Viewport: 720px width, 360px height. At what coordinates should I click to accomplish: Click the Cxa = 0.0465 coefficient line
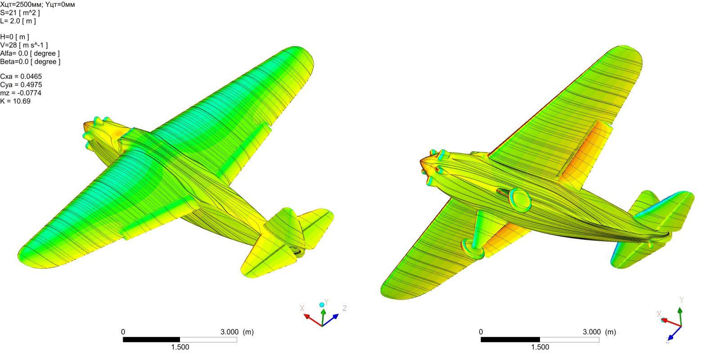click(x=21, y=76)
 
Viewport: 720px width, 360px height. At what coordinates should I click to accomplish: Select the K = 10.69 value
click(x=15, y=101)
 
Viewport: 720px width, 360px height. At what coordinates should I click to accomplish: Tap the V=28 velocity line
click(x=24, y=45)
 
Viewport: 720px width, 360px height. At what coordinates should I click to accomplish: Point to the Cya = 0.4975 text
click(x=21, y=85)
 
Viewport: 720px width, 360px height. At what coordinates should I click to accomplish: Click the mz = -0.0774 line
click(x=21, y=93)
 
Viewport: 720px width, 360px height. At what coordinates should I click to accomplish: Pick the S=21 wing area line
click(x=20, y=13)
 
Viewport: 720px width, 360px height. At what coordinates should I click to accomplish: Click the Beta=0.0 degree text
click(x=30, y=62)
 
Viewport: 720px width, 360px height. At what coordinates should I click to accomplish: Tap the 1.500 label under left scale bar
click(x=180, y=347)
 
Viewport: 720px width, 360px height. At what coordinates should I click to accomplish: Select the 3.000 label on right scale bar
click(x=591, y=332)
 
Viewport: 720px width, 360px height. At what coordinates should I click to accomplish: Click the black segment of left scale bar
click(x=151, y=340)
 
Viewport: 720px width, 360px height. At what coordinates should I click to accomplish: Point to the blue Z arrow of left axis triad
click(x=332, y=319)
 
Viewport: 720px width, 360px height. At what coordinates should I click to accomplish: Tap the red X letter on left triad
click(x=302, y=308)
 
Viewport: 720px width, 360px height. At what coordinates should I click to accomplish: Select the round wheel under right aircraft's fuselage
click(x=520, y=200)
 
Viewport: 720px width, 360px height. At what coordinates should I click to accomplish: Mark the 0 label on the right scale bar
click(x=481, y=332)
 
